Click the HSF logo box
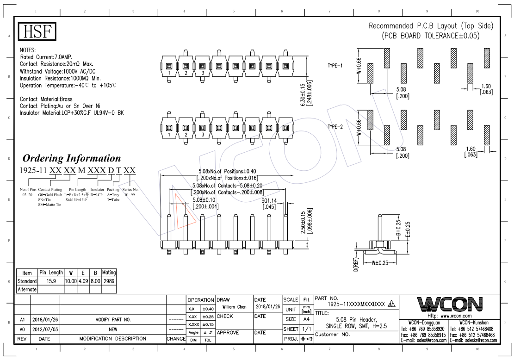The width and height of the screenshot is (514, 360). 37,32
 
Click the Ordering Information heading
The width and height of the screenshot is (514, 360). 72,158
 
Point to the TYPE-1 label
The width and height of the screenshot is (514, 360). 335,65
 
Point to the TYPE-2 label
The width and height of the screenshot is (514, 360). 335,126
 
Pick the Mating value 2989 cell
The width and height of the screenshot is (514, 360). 109,281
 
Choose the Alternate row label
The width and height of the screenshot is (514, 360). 27,289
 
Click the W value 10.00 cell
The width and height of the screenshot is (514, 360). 71,281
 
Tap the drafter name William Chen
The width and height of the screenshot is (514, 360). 235,307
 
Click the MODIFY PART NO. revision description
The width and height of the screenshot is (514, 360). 113,319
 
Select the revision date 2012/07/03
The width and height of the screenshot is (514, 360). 45,329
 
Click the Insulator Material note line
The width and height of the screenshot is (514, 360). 72,113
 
